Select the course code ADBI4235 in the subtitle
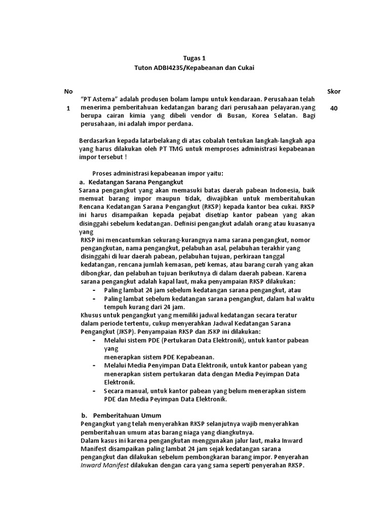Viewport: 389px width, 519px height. point(171,68)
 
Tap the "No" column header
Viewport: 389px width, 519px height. point(68,91)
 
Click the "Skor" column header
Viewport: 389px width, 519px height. point(334,91)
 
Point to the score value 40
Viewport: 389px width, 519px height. point(334,108)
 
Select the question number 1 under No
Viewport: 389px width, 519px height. point(68,108)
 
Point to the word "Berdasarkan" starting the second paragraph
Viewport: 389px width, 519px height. point(98,140)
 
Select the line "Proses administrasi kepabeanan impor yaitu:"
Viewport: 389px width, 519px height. point(162,173)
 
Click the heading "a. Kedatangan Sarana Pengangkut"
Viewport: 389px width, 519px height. point(131,181)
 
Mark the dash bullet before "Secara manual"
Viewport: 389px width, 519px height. point(95,391)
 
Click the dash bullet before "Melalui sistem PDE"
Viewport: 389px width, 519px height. point(95,340)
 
